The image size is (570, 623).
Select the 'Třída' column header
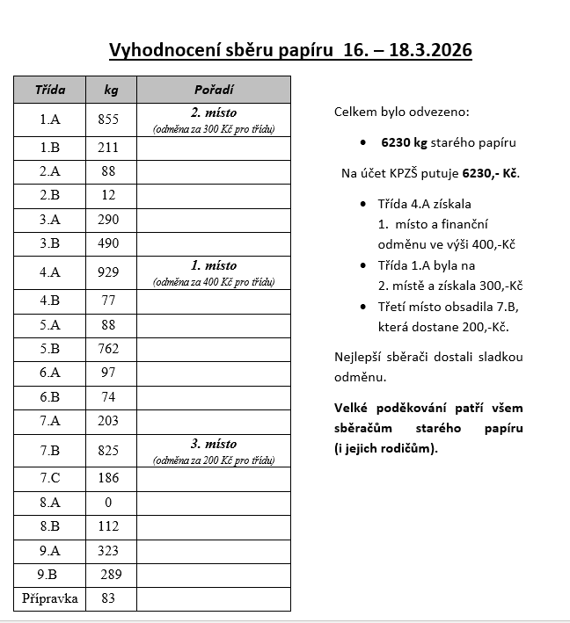[x=49, y=91]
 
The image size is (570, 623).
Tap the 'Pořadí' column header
[x=214, y=91]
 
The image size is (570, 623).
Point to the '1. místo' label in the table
[x=214, y=265]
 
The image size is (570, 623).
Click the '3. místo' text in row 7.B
[x=214, y=444]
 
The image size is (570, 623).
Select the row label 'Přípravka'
[x=50, y=599]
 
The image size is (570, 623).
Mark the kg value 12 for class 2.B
[x=108, y=195]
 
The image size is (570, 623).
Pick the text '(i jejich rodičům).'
[x=386, y=448]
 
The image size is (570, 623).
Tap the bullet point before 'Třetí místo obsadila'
[x=364, y=307]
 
